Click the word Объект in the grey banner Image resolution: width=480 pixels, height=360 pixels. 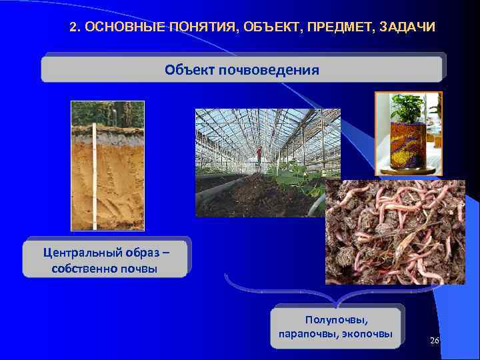pos(189,69)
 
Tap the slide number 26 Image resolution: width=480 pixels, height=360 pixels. pos(435,341)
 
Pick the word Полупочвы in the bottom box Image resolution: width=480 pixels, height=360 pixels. pos(337,319)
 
